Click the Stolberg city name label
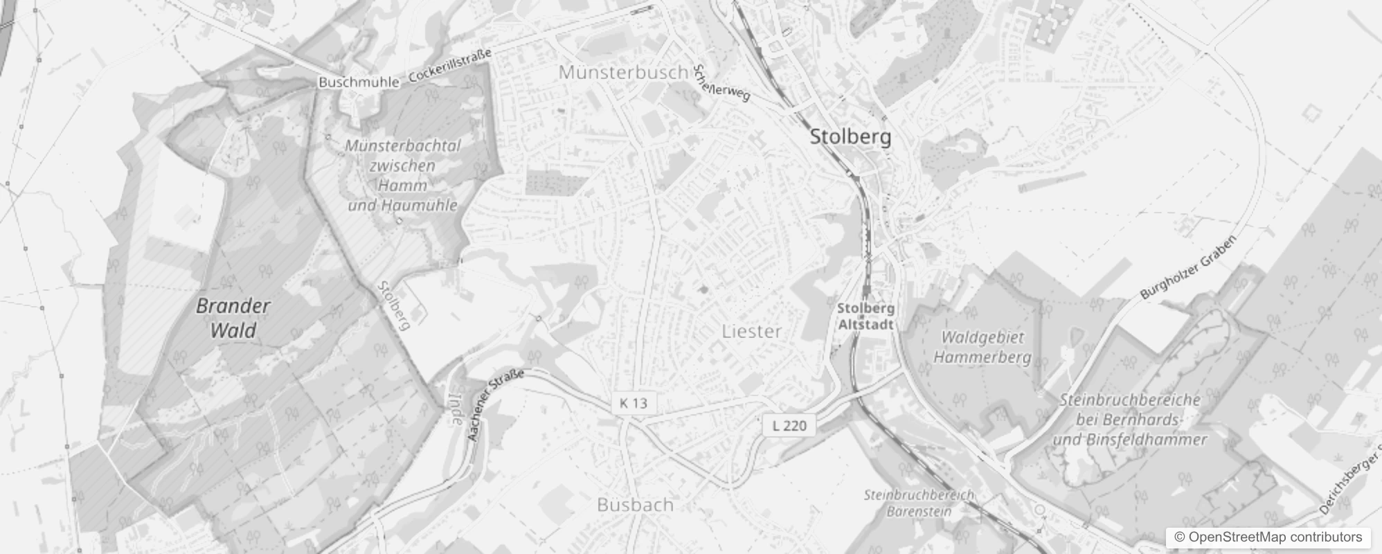click(850, 136)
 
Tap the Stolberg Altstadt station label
click(865, 316)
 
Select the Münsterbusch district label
click(623, 72)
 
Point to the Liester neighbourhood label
click(751, 332)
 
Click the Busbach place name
click(635, 505)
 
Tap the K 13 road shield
click(634, 403)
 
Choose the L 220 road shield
click(789, 425)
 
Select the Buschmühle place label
click(359, 82)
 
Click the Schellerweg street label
click(721, 83)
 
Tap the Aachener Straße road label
click(494, 406)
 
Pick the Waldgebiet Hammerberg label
click(982, 347)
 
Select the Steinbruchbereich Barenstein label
click(919, 503)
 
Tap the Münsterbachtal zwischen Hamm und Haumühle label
click(402, 176)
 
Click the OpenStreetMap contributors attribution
click(1267, 537)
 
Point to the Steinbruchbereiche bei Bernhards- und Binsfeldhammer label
click(1130, 420)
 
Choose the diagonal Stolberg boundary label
click(395, 305)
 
